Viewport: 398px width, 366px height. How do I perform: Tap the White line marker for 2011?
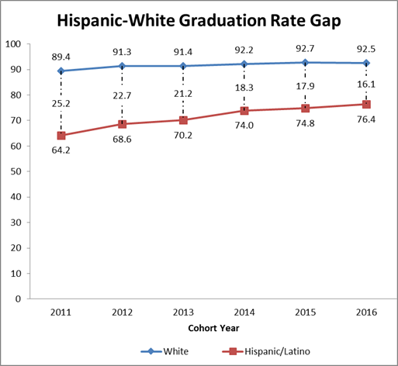point(61,71)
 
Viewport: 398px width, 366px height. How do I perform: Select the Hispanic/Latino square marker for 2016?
point(366,104)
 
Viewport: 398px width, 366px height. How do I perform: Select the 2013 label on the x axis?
point(183,312)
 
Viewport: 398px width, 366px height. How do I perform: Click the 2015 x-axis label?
point(305,312)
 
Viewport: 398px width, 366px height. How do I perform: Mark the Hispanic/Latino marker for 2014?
point(244,110)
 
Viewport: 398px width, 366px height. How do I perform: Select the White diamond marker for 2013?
point(183,66)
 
